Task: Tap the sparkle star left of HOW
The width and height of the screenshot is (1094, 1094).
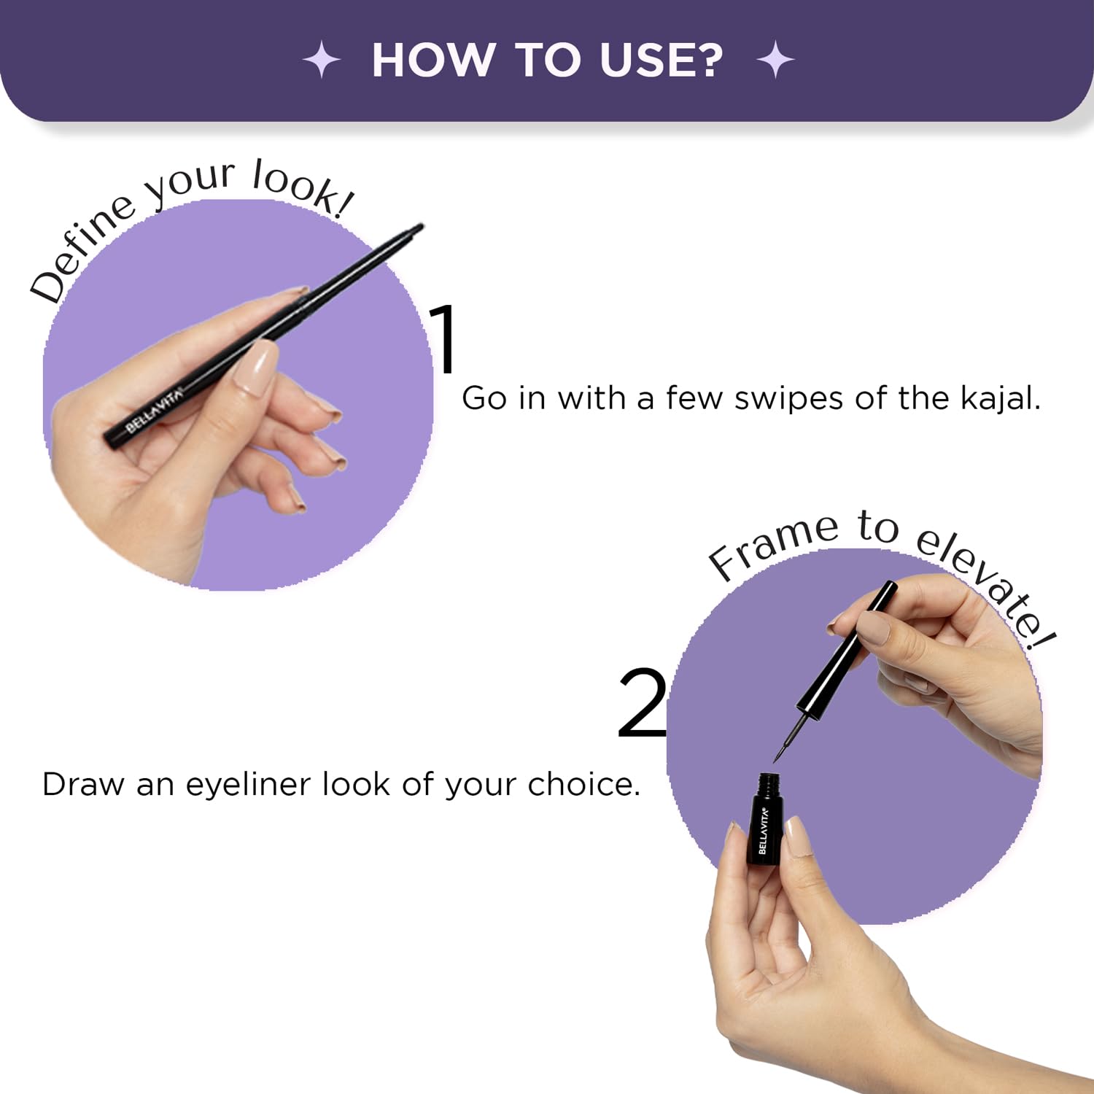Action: tap(322, 60)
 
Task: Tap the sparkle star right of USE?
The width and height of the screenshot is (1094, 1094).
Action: tap(776, 60)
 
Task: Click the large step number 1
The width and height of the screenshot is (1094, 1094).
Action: tap(444, 339)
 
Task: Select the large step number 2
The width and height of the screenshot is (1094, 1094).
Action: tap(642, 702)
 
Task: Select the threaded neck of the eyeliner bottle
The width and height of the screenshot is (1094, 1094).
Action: tap(769, 785)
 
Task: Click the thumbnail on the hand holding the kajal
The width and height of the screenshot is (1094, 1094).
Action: tap(256, 368)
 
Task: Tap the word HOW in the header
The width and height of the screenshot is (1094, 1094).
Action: tap(431, 60)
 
